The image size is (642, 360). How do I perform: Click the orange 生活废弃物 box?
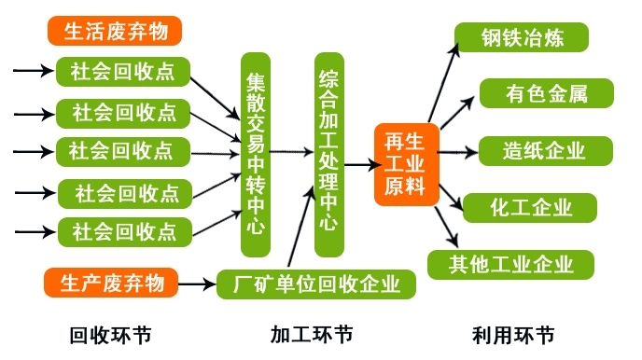[114, 32]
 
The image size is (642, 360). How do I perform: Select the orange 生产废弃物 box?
[110, 280]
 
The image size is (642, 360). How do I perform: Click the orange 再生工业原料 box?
[404, 163]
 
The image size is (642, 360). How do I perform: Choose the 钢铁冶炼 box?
[522, 37]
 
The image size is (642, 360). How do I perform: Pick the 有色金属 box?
[546, 94]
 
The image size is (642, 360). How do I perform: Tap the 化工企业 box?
[531, 207]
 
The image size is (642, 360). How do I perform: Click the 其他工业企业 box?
[510, 264]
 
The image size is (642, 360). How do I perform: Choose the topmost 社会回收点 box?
[123, 71]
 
